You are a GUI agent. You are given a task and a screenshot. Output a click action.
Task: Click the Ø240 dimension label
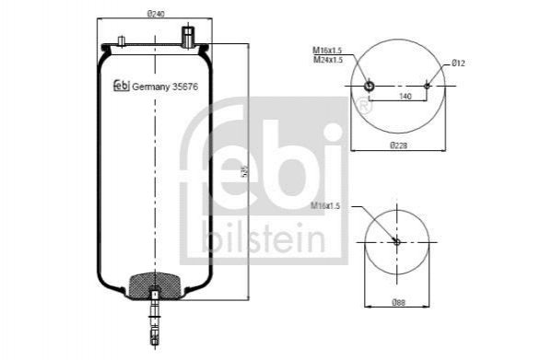[x=156, y=14]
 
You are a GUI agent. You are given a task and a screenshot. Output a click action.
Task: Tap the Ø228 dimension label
[x=398, y=145]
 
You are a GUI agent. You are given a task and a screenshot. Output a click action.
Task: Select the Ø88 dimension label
[x=398, y=302]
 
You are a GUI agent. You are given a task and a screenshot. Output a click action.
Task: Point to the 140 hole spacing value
[x=405, y=96]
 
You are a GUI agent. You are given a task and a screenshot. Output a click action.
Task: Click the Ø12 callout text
[x=459, y=64]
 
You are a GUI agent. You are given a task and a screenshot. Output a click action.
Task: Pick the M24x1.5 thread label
[x=328, y=60]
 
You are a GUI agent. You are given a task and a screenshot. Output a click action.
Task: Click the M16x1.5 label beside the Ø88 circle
[x=325, y=205]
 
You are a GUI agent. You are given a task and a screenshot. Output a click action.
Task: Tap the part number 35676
[x=185, y=87]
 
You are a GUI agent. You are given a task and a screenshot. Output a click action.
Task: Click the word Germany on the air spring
[x=151, y=87]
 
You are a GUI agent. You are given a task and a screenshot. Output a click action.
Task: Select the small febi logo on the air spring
[x=122, y=86]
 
